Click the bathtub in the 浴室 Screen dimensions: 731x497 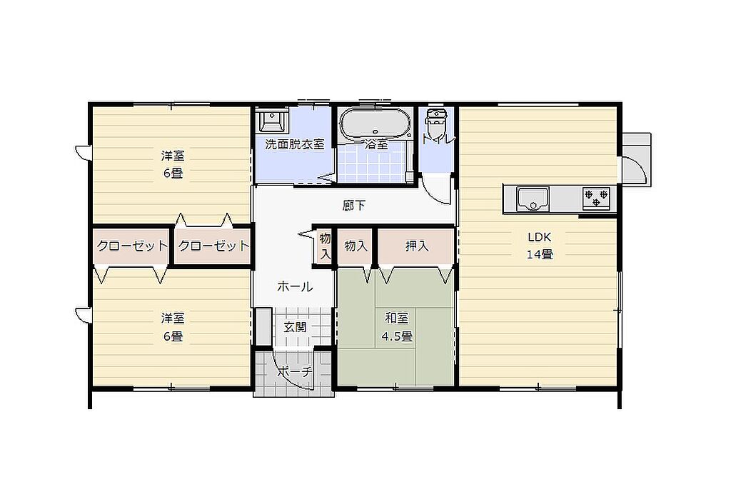coord(375,124)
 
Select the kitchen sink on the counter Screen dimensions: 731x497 coord(533,199)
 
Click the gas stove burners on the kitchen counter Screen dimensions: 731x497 coord(596,198)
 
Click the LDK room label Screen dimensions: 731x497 coord(540,237)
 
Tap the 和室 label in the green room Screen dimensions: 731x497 coord(397,318)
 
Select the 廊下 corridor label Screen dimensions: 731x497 coord(354,205)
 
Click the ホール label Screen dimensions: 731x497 coord(295,286)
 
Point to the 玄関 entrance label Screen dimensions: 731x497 coord(295,327)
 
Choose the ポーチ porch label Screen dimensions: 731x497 coord(296,371)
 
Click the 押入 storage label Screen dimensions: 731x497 coord(416,246)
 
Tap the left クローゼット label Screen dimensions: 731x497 coord(132,246)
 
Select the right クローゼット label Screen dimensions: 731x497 coord(213,246)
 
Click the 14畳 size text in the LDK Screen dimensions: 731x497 coord(540,254)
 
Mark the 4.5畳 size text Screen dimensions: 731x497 coord(397,336)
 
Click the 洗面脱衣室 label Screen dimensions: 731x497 coord(295,144)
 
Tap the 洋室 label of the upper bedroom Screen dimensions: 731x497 coord(173,155)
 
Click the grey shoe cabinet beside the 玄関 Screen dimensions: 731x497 coord(264,326)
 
